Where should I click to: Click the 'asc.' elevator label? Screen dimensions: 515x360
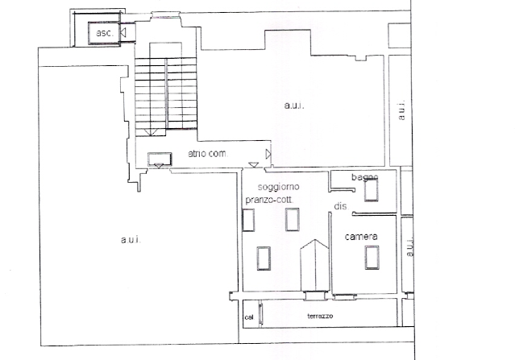coord(105,33)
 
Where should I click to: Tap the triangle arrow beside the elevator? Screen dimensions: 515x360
coord(123,32)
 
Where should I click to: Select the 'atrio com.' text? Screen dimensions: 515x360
coord(208,153)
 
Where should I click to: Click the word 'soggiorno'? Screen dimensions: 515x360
coord(279,187)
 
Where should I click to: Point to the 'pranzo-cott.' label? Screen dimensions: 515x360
coord(269,200)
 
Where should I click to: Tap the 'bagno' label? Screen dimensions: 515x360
coord(364,177)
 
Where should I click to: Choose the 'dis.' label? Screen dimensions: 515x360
coord(341,206)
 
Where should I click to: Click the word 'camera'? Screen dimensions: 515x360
coord(361,236)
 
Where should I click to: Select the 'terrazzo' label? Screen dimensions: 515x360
coord(320,316)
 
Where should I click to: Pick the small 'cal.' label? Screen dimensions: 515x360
coord(249,317)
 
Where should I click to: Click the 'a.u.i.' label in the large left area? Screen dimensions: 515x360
coord(131,240)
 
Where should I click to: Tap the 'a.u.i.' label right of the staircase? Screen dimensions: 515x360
coord(294,106)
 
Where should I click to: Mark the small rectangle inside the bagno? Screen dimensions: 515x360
coord(372,190)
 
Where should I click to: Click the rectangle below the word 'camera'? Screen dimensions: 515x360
coord(372,257)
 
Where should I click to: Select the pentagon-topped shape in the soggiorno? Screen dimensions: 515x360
coord(314,265)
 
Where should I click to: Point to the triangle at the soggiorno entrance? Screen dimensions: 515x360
coord(254,164)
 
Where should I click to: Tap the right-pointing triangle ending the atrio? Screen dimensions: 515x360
coord(268,154)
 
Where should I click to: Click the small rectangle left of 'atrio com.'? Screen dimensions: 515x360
coord(160,159)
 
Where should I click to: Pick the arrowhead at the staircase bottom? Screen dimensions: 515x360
coord(151,132)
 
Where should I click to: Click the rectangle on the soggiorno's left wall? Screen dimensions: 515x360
coord(248,220)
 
